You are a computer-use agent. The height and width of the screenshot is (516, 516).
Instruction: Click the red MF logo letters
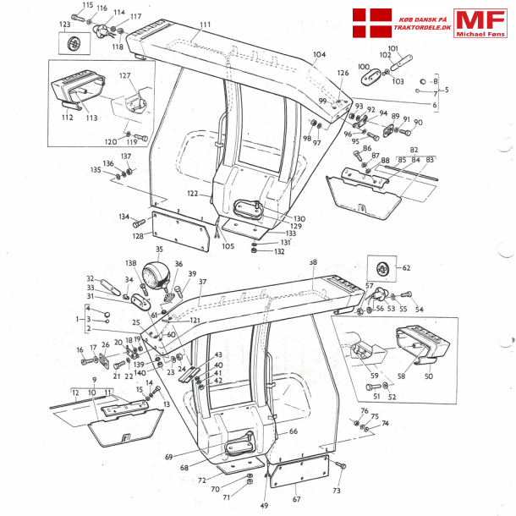click(x=480, y=19)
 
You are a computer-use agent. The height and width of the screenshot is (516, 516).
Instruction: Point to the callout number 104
click(x=319, y=54)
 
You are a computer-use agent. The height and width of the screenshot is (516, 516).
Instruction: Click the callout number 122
click(x=194, y=194)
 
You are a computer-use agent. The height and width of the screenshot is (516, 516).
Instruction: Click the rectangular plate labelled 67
click(x=299, y=475)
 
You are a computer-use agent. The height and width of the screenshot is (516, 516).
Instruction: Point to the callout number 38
click(x=312, y=263)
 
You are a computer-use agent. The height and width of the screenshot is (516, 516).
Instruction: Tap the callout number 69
click(x=170, y=457)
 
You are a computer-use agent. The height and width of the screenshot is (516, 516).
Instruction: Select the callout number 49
click(x=265, y=505)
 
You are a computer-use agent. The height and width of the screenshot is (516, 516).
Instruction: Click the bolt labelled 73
click(x=341, y=466)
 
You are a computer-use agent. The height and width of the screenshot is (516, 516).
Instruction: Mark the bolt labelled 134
click(x=140, y=225)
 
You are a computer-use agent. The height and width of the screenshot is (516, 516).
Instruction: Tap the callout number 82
click(x=414, y=149)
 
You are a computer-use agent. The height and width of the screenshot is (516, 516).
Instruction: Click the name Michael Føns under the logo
click(x=480, y=35)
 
